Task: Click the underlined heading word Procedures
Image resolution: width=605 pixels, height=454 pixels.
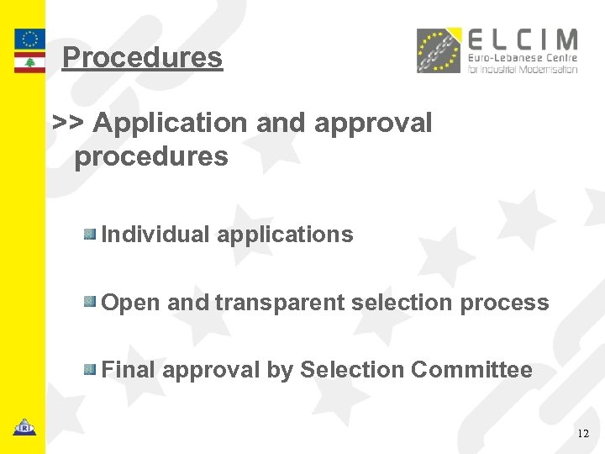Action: [x=142, y=57]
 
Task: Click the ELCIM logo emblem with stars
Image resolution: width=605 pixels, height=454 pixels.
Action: [x=439, y=50]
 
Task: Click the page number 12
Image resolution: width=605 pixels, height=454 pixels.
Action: [x=584, y=434]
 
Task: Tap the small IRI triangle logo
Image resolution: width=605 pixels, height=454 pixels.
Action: [x=24, y=427]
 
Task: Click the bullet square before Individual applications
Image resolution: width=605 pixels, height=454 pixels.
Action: [x=90, y=233]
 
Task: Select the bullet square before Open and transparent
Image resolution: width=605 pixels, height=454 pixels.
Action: [x=90, y=301]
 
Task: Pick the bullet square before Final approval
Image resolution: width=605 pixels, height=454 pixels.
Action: [x=90, y=368]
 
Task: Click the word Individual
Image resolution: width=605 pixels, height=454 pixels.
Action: [x=155, y=235]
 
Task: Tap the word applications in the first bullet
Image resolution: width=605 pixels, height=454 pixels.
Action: [x=285, y=235]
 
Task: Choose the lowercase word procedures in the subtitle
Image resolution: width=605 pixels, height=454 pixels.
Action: [x=151, y=156]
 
